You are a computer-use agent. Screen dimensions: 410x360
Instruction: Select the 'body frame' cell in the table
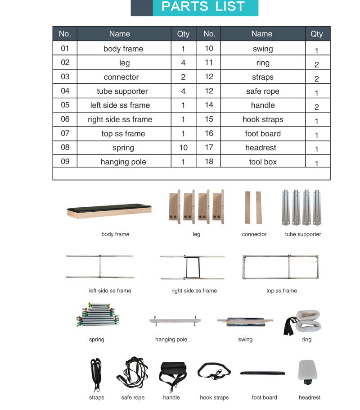123,49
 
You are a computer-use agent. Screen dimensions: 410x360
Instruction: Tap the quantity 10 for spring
183,148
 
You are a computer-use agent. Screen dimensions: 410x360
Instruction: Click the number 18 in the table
209,161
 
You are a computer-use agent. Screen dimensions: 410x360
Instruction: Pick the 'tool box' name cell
263,162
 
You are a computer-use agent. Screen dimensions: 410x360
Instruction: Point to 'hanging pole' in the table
123,162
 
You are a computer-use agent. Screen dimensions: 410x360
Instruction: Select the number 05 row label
65,105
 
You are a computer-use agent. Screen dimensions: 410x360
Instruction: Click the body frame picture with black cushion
109,210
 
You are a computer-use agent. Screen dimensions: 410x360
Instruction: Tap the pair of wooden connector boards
253,207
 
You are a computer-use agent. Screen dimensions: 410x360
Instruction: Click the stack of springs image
98,315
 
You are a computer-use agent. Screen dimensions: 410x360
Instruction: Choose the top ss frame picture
280,267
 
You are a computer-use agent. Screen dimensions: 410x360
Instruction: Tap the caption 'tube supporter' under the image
303,234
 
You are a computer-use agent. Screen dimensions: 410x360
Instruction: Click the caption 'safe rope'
133,397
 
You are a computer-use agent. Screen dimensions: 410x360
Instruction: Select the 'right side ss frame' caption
194,291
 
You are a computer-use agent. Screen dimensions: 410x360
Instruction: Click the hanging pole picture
175,321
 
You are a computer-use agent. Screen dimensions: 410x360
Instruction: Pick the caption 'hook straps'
214,397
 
